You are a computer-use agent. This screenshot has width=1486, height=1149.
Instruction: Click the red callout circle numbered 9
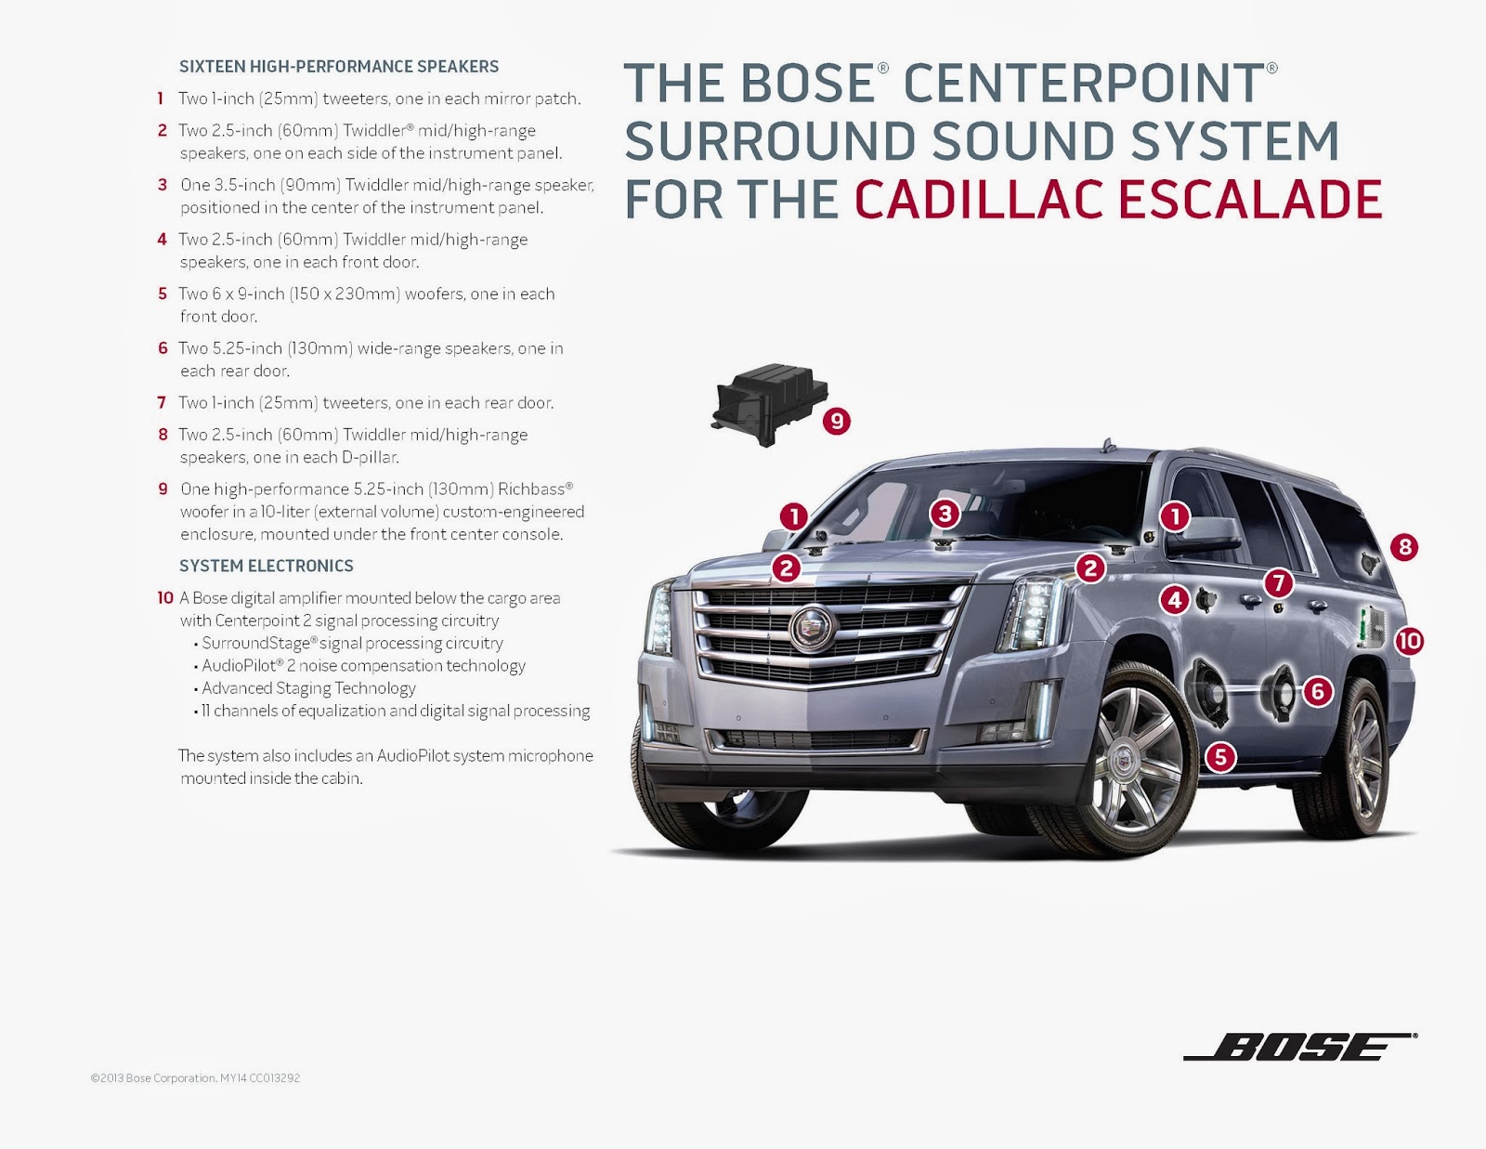pyautogui.click(x=837, y=421)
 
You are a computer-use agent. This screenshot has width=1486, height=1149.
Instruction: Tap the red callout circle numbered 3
pyautogui.click(x=945, y=513)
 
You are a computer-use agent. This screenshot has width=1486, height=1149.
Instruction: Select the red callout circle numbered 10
pyautogui.click(x=1409, y=640)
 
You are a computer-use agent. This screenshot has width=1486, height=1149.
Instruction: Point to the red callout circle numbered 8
pyautogui.click(x=1404, y=546)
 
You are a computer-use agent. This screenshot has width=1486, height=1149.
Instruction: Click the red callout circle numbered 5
pyautogui.click(x=1220, y=757)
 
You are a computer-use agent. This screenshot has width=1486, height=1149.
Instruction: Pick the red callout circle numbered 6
pyautogui.click(x=1317, y=690)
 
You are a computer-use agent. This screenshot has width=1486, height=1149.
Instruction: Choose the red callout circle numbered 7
pyautogui.click(x=1279, y=582)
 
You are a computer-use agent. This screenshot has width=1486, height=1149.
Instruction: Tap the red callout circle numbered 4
pyautogui.click(x=1175, y=599)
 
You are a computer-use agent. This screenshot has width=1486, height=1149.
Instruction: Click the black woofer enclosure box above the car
pyautogui.click(x=768, y=404)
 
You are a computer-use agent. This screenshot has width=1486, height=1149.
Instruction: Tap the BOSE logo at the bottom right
pyautogui.click(x=1300, y=1047)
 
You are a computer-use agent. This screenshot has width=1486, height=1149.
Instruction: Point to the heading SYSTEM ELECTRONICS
pyautogui.click(x=266, y=566)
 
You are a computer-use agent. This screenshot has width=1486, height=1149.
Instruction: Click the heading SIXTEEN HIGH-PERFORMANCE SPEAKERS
pyautogui.click(x=338, y=67)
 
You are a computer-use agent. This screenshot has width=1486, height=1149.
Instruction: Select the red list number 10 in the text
pyautogui.click(x=165, y=598)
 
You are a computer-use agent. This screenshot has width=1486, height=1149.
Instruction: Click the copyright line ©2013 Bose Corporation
pyautogui.click(x=195, y=1078)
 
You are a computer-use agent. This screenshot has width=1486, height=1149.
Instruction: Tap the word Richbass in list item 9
pyautogui.click(x=531, y=489)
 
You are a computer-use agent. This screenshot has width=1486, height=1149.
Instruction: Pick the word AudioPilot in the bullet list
pyautogui.click(x=239, y=665)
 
